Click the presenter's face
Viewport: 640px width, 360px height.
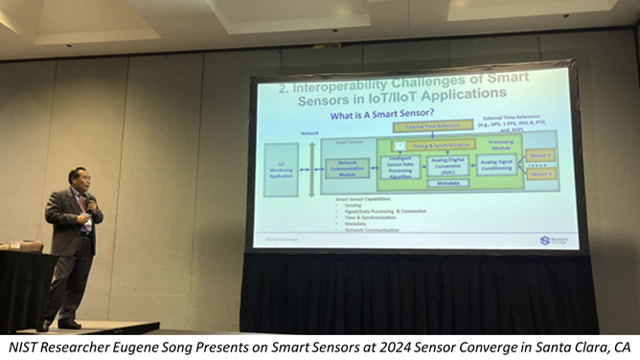click(x=80, y=180)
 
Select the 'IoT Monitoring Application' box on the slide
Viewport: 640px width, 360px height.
click(x=282, y=169)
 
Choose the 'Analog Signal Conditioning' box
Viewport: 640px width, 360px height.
click(x=497, y=164)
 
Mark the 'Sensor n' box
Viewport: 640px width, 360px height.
click(x=540, y=173)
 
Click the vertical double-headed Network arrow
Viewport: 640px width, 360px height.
click(x=310, y=169)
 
